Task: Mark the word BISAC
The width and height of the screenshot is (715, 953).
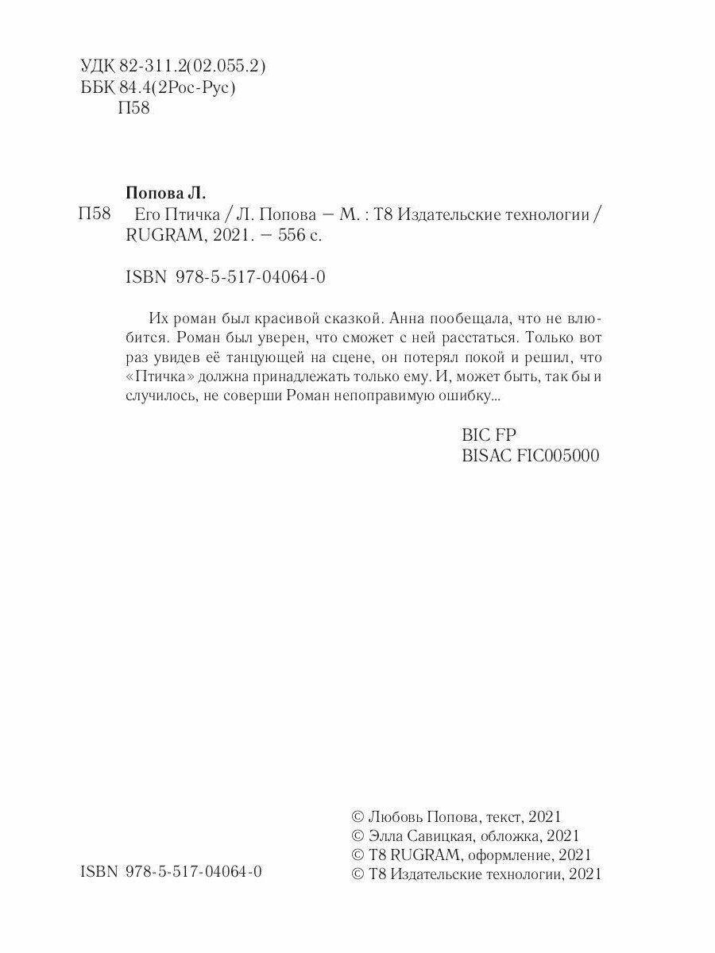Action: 487,457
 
